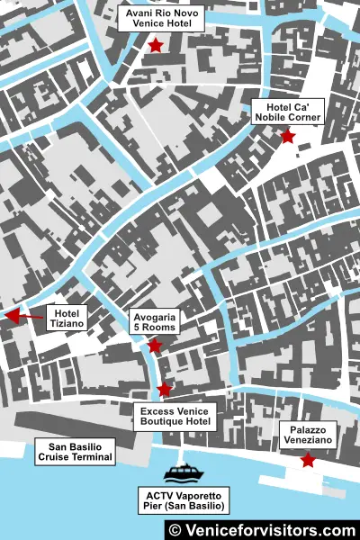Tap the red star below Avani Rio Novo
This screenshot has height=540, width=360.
click(x=156, y=45)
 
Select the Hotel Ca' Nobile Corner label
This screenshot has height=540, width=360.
click(x=287, y=111)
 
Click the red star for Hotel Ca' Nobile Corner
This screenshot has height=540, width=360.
click(x=287, y=137)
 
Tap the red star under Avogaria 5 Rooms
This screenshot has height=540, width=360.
click(x=155, y=346)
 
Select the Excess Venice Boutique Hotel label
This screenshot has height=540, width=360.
click(x=175, y=415)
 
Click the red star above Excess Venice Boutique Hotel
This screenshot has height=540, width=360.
click(x=164, y=389)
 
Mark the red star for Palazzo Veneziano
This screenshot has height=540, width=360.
click(x=308, y=461)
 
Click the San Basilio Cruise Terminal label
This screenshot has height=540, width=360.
click(x=75, y=452)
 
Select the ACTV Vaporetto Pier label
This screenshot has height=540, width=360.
click(x=183, y=501)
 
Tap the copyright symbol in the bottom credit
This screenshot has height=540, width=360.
click(x=175, y=530)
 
